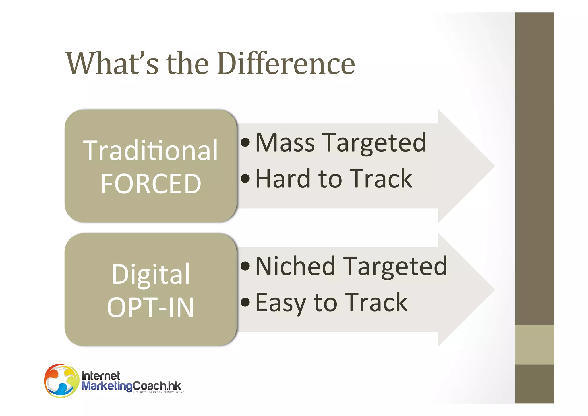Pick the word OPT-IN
(150, 307)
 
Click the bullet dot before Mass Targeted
(245, 142)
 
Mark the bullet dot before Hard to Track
(245, 179)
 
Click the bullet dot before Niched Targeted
(245, 266)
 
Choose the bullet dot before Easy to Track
(245, 302)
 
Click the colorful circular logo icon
(61, 381)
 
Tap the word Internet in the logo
(100, 376)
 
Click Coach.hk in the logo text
(157, 386)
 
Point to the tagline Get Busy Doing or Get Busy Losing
(158, 392)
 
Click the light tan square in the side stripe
(534, 345)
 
